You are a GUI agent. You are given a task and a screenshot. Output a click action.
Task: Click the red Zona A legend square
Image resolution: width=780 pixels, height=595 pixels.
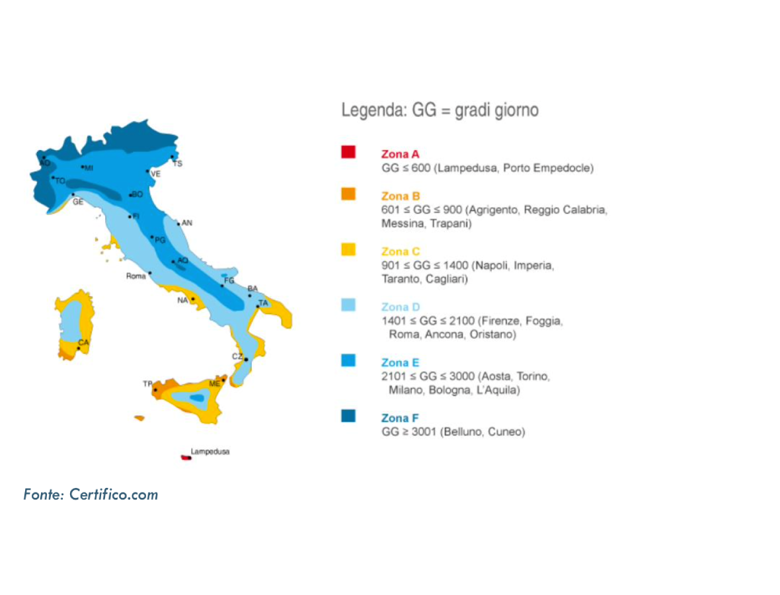(348, 152)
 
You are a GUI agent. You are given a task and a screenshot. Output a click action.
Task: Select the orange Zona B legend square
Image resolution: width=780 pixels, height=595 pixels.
(348, 194)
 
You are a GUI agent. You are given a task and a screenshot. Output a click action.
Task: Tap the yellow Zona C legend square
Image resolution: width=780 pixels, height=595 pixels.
(348, 250)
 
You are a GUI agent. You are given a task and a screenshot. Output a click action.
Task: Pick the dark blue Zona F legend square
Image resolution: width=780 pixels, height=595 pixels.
(348, 416)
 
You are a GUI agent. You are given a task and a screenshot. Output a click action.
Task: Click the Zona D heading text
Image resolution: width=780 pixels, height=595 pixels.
(400, 307)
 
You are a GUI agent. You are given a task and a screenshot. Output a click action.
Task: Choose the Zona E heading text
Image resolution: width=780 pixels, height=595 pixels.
(400, 363)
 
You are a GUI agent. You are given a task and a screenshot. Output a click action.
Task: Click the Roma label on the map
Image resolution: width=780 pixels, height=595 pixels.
(136, 276)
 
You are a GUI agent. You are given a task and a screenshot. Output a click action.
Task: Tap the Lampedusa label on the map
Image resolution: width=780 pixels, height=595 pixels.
(210, 452)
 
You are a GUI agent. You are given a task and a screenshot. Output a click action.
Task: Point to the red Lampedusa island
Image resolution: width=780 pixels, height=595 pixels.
(186, 457)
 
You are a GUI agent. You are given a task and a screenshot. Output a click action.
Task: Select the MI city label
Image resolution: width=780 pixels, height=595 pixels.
(89, 168)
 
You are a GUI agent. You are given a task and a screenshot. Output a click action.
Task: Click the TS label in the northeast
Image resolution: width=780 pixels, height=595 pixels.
(178, 163)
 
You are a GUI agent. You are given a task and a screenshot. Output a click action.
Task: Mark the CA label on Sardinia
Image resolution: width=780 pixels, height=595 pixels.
(83, 342)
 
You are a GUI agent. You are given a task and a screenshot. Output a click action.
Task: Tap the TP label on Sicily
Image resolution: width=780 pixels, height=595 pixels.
(147, 384)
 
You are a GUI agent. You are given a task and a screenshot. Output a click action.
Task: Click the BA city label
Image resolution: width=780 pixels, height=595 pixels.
(253, 289)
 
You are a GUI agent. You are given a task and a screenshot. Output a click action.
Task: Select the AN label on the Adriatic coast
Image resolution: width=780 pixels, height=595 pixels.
(187, 223)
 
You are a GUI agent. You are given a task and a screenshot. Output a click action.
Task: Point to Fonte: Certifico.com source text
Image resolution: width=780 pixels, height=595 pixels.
(91, 494)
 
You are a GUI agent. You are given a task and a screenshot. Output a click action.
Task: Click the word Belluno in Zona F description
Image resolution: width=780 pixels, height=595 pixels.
(461, 432)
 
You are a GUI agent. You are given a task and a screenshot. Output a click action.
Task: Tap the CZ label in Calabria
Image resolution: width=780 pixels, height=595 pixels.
(237, 357)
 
